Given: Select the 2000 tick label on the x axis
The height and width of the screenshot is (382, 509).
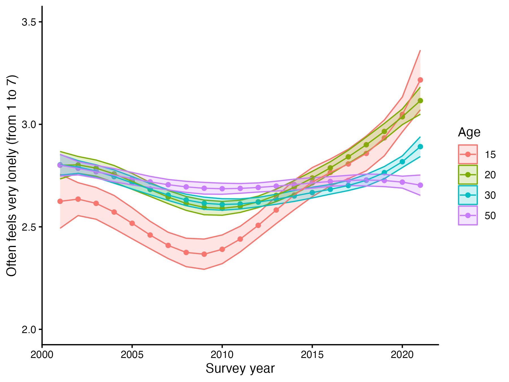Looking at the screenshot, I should click(42, 355).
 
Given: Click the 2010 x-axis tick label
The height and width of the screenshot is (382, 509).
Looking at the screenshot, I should click(222, 355).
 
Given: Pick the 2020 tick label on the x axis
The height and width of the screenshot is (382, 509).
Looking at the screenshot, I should click(402, 355).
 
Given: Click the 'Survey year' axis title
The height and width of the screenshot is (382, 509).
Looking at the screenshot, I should click(240, 369).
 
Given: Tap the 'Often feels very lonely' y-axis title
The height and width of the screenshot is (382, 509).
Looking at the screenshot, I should click(12, 175).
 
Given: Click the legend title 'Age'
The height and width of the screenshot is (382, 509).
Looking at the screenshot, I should click(469, 132).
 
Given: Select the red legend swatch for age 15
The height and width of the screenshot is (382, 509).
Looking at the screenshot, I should click(468, 154).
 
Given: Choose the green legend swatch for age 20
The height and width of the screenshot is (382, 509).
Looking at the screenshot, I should click(468, 175).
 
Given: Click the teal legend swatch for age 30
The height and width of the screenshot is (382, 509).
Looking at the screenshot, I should click(468, 195).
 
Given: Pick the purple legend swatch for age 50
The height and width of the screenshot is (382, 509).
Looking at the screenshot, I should click(468, 215).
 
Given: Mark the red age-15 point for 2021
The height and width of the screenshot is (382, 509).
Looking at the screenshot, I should click(420, 80).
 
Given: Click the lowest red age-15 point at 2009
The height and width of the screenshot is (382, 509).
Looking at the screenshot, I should click(204, 254).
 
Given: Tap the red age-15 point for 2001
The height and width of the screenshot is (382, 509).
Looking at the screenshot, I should click(60, 201).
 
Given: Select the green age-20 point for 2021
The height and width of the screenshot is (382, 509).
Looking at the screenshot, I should click(420, 101).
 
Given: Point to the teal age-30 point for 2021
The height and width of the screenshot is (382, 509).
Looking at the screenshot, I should click(420, 147).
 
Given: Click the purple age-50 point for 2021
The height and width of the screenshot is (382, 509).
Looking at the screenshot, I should click(420, 185).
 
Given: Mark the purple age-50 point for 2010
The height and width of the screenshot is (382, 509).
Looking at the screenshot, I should click(222, 189).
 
